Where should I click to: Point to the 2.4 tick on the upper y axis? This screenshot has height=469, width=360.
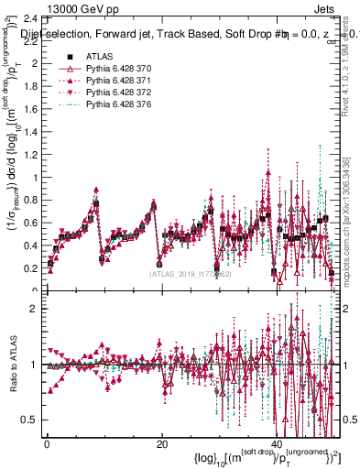click(x=30, y=19)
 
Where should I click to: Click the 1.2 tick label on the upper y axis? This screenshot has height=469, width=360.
click(x=30, y=155)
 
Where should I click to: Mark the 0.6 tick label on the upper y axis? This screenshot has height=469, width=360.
click(x=30, y=224)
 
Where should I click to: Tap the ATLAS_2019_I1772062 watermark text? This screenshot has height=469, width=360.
click(x=191, y=273)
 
